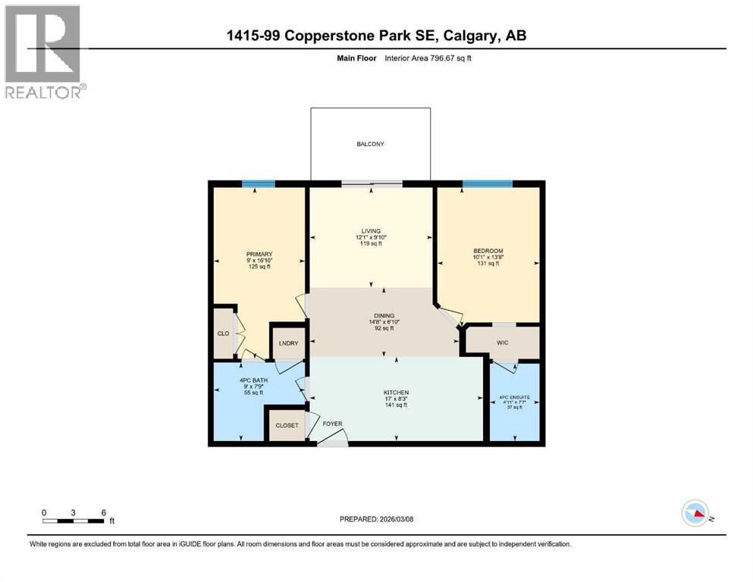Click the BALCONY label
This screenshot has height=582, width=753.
pyautogui.click(x=371, y=144)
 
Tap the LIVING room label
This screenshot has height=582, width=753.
pyautogui.click(x=371, y=231)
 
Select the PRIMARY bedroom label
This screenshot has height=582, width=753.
pyautogui.click(x=259, y=254)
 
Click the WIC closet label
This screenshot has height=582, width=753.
pyautogui.click(x=502, y=343)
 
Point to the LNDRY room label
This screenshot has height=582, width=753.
pyautogui.click(x=289, y=343)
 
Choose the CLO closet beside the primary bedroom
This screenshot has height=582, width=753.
pyautogui.click(x=222, y=332)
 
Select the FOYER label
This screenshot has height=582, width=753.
pyautogui.click(x=332, y=424)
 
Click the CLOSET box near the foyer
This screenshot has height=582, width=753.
pyautogui.click(x=287, y=425)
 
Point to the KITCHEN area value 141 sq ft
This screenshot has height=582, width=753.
pyautogui.click(x=396, y=405)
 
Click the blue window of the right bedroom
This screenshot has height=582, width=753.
pyautogui.click(x=488, y=183)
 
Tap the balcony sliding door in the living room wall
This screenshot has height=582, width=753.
pyautogui.click(x=371, y=183)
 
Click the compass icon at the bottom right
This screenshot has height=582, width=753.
pyautogui.click(x=695, y=515)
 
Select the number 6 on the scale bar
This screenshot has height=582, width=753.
pyautogui.click(x=102, y=512)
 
